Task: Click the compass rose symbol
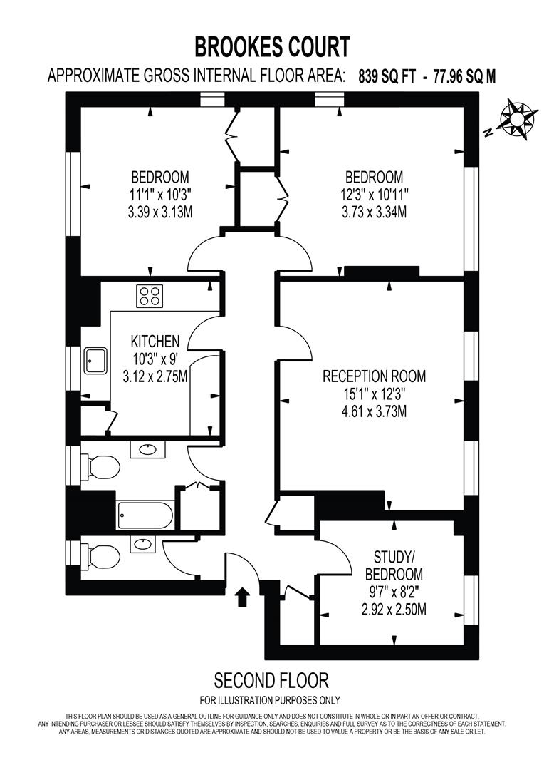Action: (516, 119)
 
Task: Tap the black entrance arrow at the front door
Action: (244, 597)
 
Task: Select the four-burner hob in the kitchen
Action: (150, 295)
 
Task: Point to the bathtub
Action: (145, 514)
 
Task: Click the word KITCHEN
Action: (155, 342)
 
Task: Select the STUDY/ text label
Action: (393, 557)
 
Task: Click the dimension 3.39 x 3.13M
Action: (160, 212)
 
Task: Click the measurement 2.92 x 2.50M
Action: (393, 610)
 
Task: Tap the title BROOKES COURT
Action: (273, 47)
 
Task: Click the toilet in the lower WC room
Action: (100, 555)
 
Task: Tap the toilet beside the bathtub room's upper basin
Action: (101, 467)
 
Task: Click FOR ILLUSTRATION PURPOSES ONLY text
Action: (270, 700)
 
